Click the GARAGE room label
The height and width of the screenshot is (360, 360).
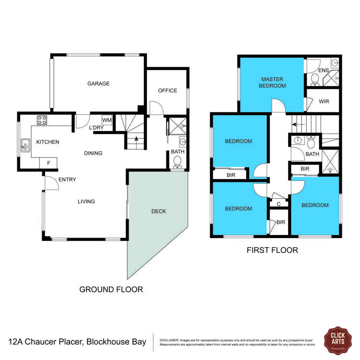point(98,84)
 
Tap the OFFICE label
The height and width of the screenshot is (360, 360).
point(168,91)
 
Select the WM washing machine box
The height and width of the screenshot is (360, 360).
point(107,120)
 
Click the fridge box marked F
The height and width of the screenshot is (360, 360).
point(48,163)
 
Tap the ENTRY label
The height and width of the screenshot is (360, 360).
point(67,180)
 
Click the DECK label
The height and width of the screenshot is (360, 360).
point(158,211)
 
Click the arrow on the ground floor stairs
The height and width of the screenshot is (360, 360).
point(136,139)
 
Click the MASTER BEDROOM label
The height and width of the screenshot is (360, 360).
point(273,83)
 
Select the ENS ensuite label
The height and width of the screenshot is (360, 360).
point(324,71)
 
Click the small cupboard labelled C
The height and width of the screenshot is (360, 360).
point(279,204)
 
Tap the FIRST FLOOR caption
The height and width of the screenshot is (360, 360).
point(272,250)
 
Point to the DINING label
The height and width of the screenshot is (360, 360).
point(93,154)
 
